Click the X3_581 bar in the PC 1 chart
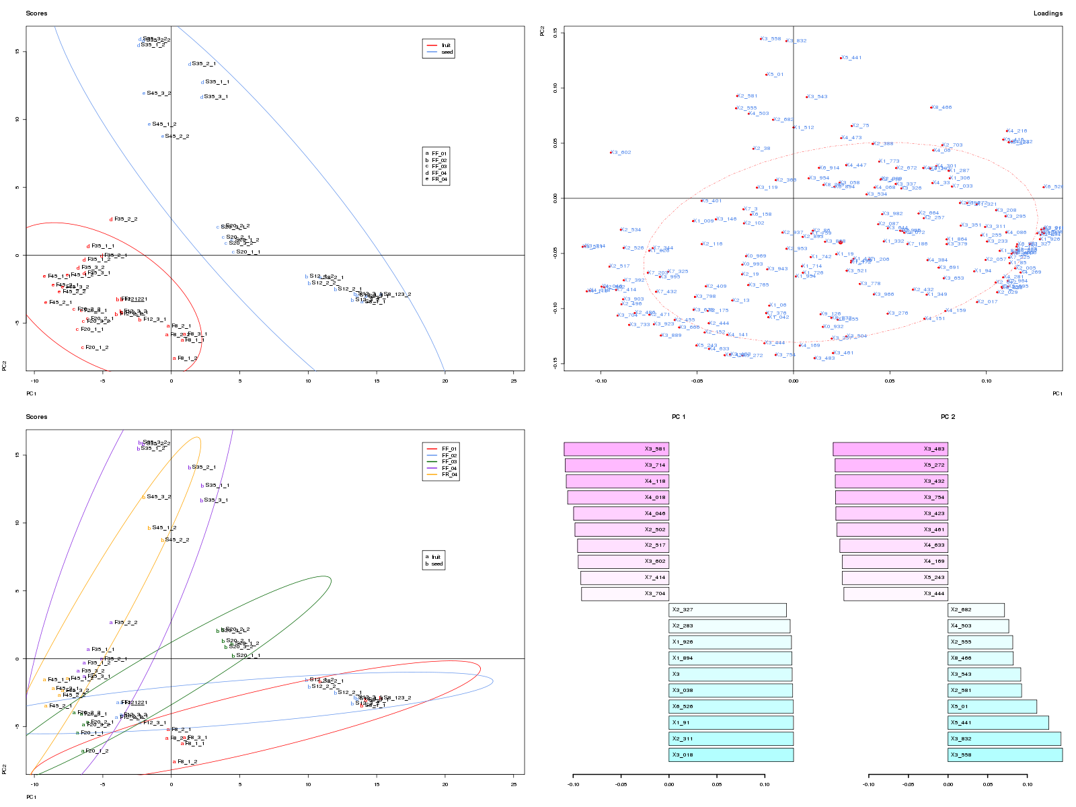tap(616, 449)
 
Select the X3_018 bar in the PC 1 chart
tap(731, 755)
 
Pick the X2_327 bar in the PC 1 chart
tap(728, 610)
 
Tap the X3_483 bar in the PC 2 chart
tap(890, 449)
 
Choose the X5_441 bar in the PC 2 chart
tap(998, 723)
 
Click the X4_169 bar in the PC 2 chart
tap(895, 562)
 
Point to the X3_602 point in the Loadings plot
tap(611, 153)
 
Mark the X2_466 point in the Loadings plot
tap(931, 108)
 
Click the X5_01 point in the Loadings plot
tap(766, 75)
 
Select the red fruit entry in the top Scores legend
tap(438, 45)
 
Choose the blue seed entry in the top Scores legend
tap(438, 52)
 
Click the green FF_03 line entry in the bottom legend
tap(441, 462)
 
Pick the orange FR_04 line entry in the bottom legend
tap(441, 475)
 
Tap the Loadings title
tap(1048, 13)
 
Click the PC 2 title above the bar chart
tap(948, 417)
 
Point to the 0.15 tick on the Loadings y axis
tap(555, 32)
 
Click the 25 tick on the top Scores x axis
tap(514, 381)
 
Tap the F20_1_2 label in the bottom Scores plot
tap(96, 751)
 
